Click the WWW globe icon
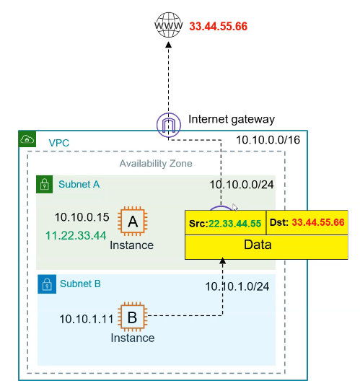click(x=167, y=27)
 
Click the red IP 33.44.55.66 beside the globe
click(x=218, y=27)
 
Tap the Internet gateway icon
click(x=168, y=123)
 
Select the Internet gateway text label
click(x=231, y=119)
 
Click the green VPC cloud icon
click(x=27, y=139)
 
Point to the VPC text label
click(x=60, y=144)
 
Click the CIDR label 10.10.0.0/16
click(x=267, y=141)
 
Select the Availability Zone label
click(x=156, y=164)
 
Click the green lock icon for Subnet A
click(x=45, y=184)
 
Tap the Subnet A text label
click(x=79, y=185)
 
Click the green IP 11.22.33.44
click(x=76, y=235)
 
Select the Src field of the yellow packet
click(x=226, y=224)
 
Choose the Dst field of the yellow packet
click(x=307, y=224)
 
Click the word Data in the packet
click(x=266, y=245)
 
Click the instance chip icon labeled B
click(x=132, y=316)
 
